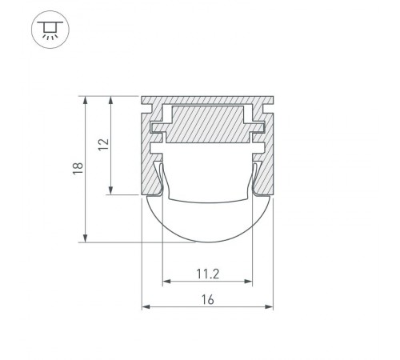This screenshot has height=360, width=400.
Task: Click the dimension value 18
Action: [78, 169]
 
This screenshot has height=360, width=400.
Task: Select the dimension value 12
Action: [102, 145]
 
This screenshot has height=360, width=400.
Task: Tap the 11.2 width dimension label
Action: [207, 274]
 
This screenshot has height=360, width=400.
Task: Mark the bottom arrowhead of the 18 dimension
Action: [85, 238]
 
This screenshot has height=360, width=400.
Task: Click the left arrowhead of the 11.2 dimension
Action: [166, 282]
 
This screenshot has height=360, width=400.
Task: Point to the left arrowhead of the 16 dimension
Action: [145, 306]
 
